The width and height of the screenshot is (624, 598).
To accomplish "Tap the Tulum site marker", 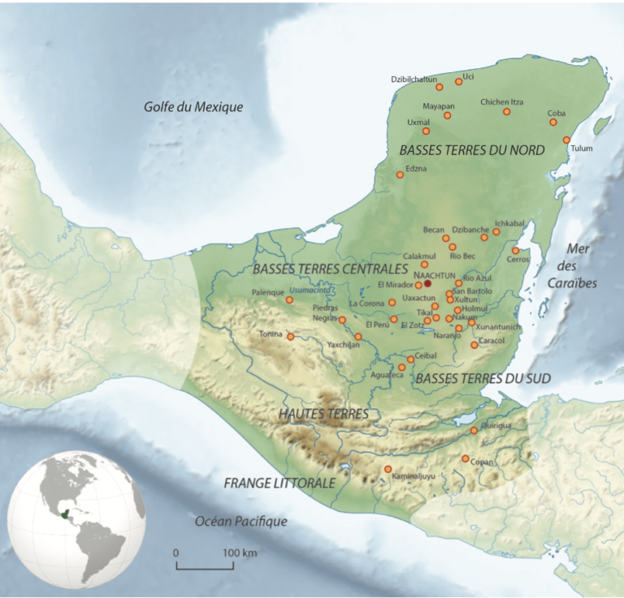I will tap(566, 140).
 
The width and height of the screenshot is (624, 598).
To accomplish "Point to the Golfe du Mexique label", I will tap(193, 106).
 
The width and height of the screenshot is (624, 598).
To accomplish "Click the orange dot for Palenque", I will tap(288, 300).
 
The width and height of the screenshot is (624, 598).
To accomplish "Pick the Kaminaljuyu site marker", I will tap(388, 469).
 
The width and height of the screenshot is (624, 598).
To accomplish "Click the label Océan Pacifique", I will tap(241, 522).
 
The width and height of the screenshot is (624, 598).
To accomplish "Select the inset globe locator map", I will tap(76, 519).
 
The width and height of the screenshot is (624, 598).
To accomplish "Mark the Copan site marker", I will tap(465, 459).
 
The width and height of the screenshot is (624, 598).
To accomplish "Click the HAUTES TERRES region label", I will tap(323, 414).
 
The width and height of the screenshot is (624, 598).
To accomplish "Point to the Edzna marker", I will tap(399, 174).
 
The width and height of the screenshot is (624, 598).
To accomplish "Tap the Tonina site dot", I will tap(290, 336).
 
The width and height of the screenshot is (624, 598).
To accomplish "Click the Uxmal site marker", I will tap(426, 131).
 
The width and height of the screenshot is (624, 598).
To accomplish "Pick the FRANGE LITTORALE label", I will tap(279, 483).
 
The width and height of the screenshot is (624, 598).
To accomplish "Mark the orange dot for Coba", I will tap(553, 122).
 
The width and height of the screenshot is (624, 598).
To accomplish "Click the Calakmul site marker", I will tap(424, 264).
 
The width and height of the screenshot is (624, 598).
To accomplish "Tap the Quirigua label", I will tap(497, 422).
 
